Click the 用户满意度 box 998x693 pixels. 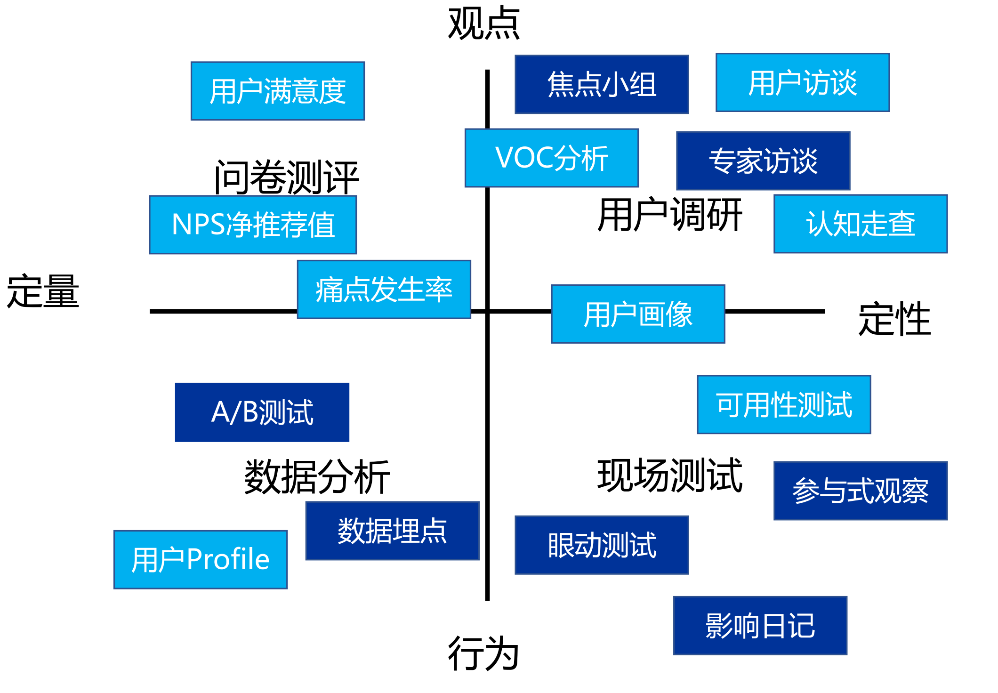[x=278, y=91]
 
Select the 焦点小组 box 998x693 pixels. [x=602, y=84]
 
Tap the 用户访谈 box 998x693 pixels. [x=803, y=82]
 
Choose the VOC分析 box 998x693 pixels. [x=551, y=158]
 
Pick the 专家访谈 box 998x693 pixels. [x=763, y=161]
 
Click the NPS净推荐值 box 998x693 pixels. [x=253, y=225]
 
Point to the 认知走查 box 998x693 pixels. [x=861, y=224]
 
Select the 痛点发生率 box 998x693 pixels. [x=384, y=289]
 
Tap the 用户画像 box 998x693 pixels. [x=638, y=314]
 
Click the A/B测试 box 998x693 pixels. [x=262, y=412]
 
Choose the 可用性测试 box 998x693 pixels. [x=784, y=404]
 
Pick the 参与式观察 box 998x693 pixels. [x=861, y=491]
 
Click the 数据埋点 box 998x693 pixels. [x=392, y=531]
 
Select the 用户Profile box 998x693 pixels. [x=201, y=559]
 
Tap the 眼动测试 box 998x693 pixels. [x=602, y=545]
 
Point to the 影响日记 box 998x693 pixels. [x=760, y=625]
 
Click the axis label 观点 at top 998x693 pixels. [x=484, y=24]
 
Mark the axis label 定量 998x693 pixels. [x=43, y=291]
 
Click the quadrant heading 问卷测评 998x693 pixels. [x=286, y=177]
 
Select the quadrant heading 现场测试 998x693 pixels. [x=669, y=475]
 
